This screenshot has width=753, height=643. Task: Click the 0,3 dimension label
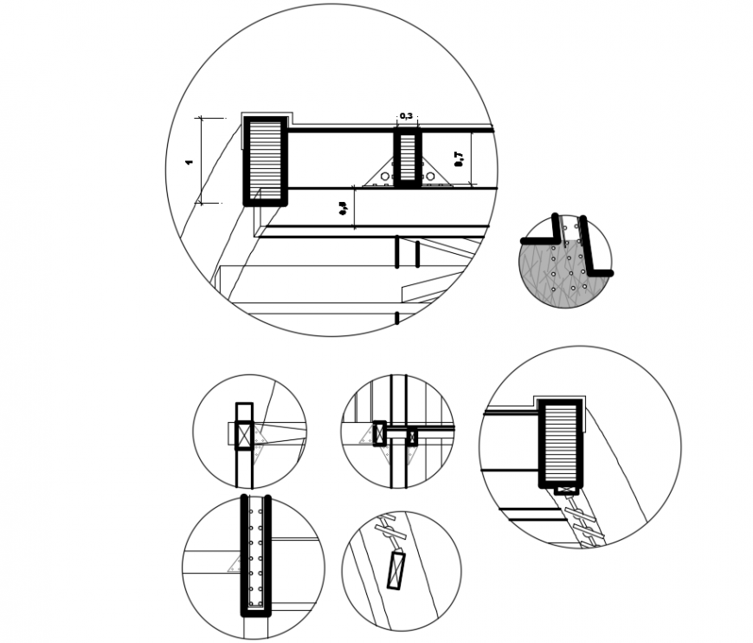coord(406,116)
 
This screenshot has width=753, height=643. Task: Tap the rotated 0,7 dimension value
coord(460,158)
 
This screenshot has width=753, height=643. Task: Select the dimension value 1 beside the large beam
coord(190,162)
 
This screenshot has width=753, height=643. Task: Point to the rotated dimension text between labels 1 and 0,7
coord(344,208)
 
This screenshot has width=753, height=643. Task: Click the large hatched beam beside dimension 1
coord(265,161)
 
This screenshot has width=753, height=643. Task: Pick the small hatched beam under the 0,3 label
coord(408,157)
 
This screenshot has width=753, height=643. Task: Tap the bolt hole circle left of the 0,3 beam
coord(385,177)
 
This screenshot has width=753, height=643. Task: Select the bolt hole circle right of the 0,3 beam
coord(430,177)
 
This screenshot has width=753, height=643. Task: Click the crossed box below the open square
coord(244,435)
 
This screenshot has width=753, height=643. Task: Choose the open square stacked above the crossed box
coord(244,412)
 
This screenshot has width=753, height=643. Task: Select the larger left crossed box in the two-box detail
coord(379,433)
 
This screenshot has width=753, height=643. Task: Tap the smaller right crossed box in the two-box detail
coord(412,438)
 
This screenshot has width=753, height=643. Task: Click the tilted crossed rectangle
coord(396,569)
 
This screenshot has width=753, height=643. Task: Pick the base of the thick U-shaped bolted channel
coord(255,612)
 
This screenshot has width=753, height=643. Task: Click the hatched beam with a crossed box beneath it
coord(561,443)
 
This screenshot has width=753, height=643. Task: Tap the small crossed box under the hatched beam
coord(566,490)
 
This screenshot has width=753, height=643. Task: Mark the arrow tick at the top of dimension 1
coord(201,118)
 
